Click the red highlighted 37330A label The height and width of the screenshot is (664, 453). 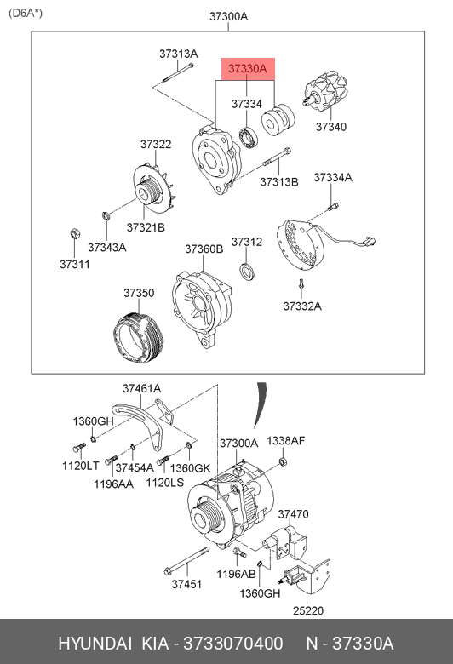point(248,69)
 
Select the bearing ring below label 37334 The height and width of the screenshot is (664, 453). point(249,138)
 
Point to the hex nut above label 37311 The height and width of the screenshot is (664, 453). point(74,233)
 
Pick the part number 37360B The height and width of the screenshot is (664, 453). point(204,249)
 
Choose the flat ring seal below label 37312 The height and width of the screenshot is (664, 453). point(247,272)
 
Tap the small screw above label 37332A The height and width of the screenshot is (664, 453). point(301,284)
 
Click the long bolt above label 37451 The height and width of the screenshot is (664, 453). point(186,561)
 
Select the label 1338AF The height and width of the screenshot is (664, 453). point(285,440)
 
